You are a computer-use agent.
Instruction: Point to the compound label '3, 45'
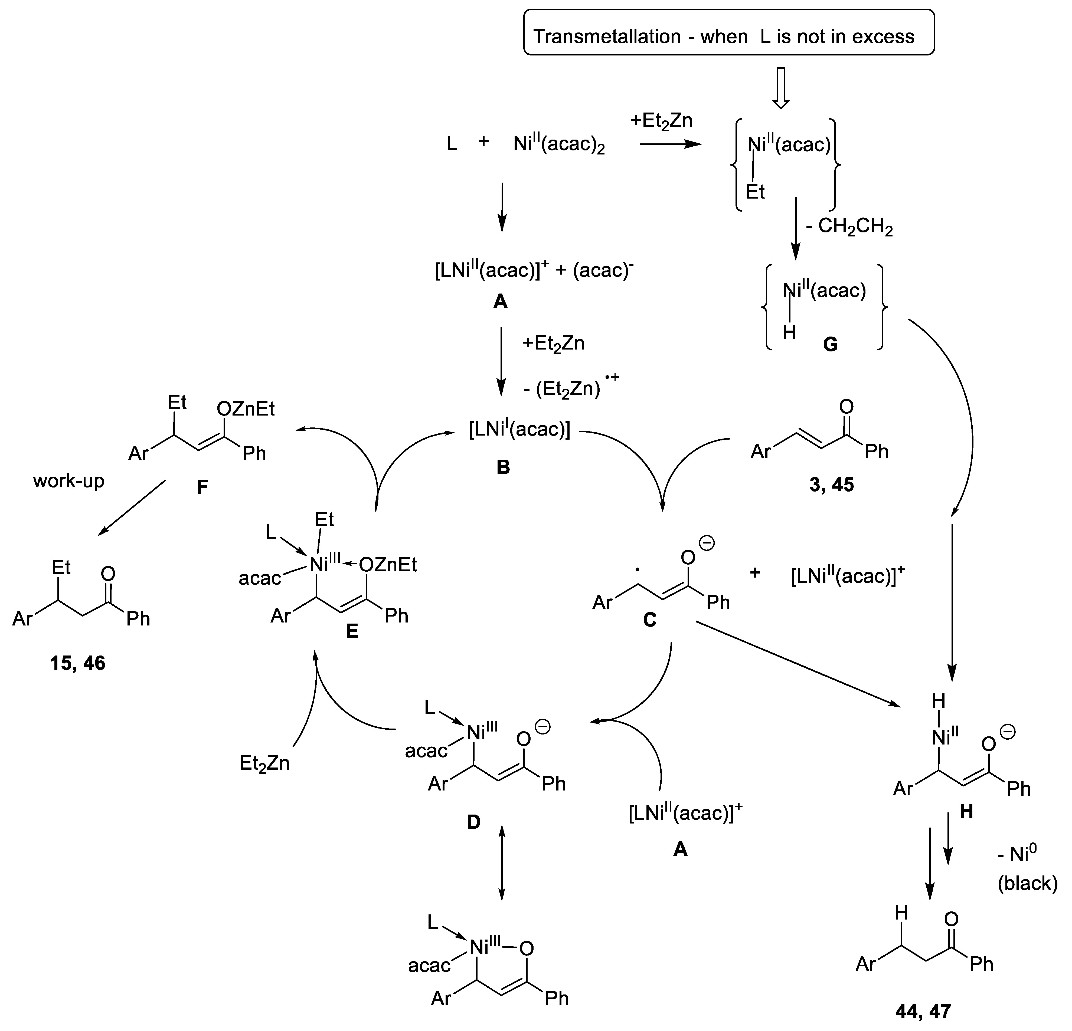(x=831, y=484)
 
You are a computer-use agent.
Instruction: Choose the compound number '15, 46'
(x=78, y=663)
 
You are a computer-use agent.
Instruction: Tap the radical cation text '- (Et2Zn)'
(x=569, y=389)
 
